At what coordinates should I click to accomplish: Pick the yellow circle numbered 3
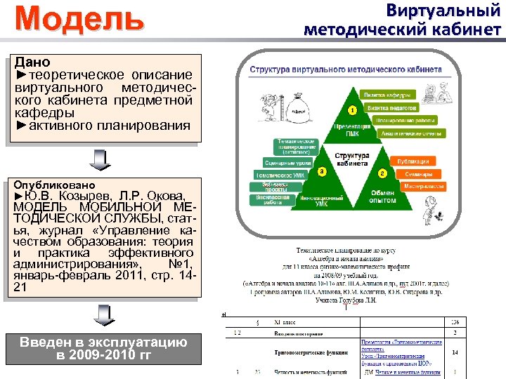pos(321,171)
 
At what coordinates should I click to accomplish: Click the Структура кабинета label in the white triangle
pos(352,159)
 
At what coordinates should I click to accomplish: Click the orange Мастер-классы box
pos(423,187)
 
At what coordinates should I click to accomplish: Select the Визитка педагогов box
pos(389,107)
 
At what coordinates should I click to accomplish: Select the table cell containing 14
pos(455,352)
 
